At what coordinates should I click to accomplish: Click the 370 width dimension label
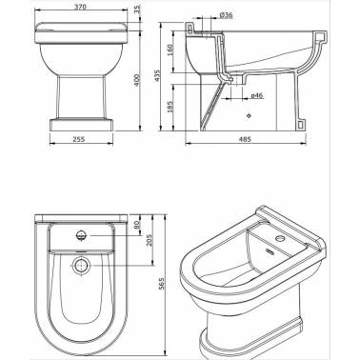81,7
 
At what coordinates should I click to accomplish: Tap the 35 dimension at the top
137,10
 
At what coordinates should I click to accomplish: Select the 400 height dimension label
137,80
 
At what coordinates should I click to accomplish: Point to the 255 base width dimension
79,139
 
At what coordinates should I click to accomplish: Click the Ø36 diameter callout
226,15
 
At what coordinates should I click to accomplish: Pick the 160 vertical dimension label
170,50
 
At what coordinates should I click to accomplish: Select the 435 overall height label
157,76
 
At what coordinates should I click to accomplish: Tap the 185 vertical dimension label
170,107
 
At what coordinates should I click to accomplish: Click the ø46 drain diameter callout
257,95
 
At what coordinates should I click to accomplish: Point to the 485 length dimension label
245,139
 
